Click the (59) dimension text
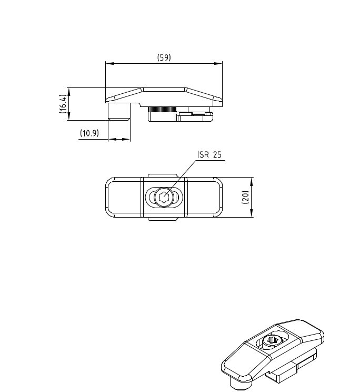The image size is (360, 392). [x=164, y=57]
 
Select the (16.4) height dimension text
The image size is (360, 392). [x=63, y=104]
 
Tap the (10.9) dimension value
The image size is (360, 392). [x=89, y=133]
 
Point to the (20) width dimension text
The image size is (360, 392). [x=246, y=197]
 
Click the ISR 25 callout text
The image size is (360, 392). [x=209, y=155]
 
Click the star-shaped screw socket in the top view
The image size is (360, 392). [x=164, y=197]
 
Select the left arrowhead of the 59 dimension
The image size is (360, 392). [x=110, y=64]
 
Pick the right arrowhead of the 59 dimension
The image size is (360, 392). [x=218, y=64]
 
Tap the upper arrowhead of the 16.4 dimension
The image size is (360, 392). [x=69, y=92]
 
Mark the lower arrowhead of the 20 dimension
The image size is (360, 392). [x=252, y=213]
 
